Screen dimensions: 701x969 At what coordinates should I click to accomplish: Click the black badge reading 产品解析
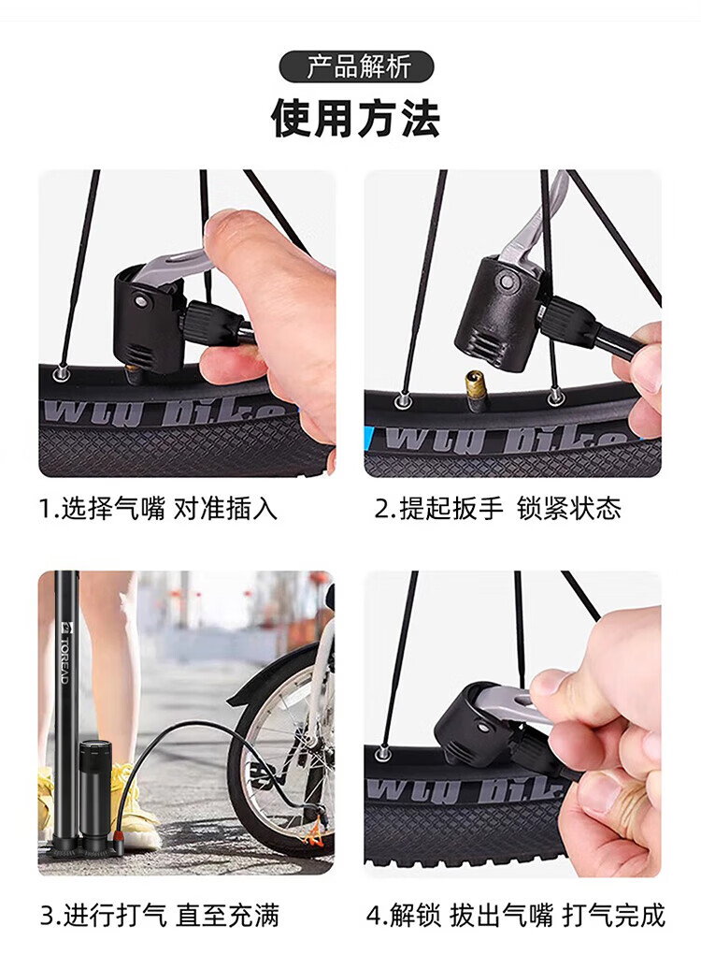pyautogui.click(x=356, y=66)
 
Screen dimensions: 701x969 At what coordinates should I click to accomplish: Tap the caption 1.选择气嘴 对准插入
pyautogui.click(x=159, y=509)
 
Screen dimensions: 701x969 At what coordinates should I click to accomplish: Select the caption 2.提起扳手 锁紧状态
pyautogui.click(x=498, y=509)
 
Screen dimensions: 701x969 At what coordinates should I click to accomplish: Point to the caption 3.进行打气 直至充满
pyautogui.click(x=160, y=916)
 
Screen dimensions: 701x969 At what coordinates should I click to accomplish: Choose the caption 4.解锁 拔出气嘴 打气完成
pyautogui.click(x=516, y=916)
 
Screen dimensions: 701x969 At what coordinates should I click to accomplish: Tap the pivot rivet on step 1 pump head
pyautogui.click(x=142, y=301)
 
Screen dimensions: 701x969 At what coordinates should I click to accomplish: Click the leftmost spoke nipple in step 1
pyautogui.click(x=61, y=372)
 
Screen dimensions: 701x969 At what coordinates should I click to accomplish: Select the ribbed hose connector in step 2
pyautogui.click(x=562, y=316)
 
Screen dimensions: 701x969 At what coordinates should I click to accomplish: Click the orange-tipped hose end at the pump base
pyautogui.click(x=115, y=837)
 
